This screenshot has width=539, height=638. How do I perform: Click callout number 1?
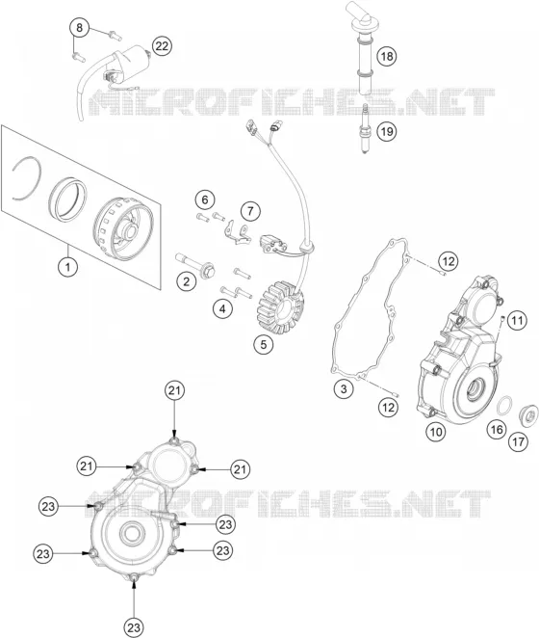68,267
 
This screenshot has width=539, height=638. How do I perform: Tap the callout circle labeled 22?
162,46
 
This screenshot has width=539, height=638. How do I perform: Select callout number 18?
387,56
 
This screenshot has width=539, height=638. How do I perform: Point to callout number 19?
386,131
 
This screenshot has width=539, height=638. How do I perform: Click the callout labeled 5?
264,345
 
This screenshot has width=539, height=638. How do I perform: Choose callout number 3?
344,388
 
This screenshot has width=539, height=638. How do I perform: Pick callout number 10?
436,432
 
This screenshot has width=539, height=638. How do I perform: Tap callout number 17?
518,442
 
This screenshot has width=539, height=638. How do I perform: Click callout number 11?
517,321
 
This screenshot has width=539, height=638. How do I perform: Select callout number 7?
250,211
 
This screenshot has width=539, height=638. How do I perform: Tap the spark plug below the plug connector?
365,129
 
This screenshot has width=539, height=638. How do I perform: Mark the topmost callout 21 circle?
174,390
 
